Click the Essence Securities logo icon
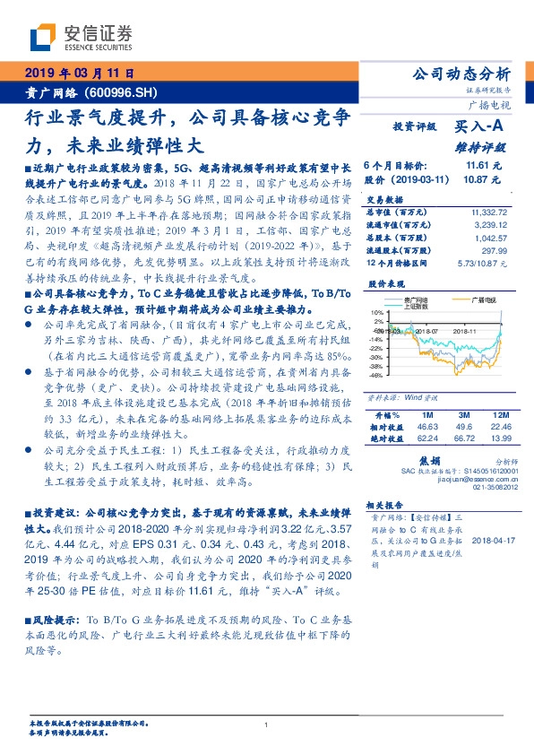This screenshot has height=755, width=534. point(41,39)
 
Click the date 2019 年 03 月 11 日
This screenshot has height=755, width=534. point(82,74)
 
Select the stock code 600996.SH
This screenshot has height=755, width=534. point(125,92)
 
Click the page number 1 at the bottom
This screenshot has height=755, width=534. point(267,725)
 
